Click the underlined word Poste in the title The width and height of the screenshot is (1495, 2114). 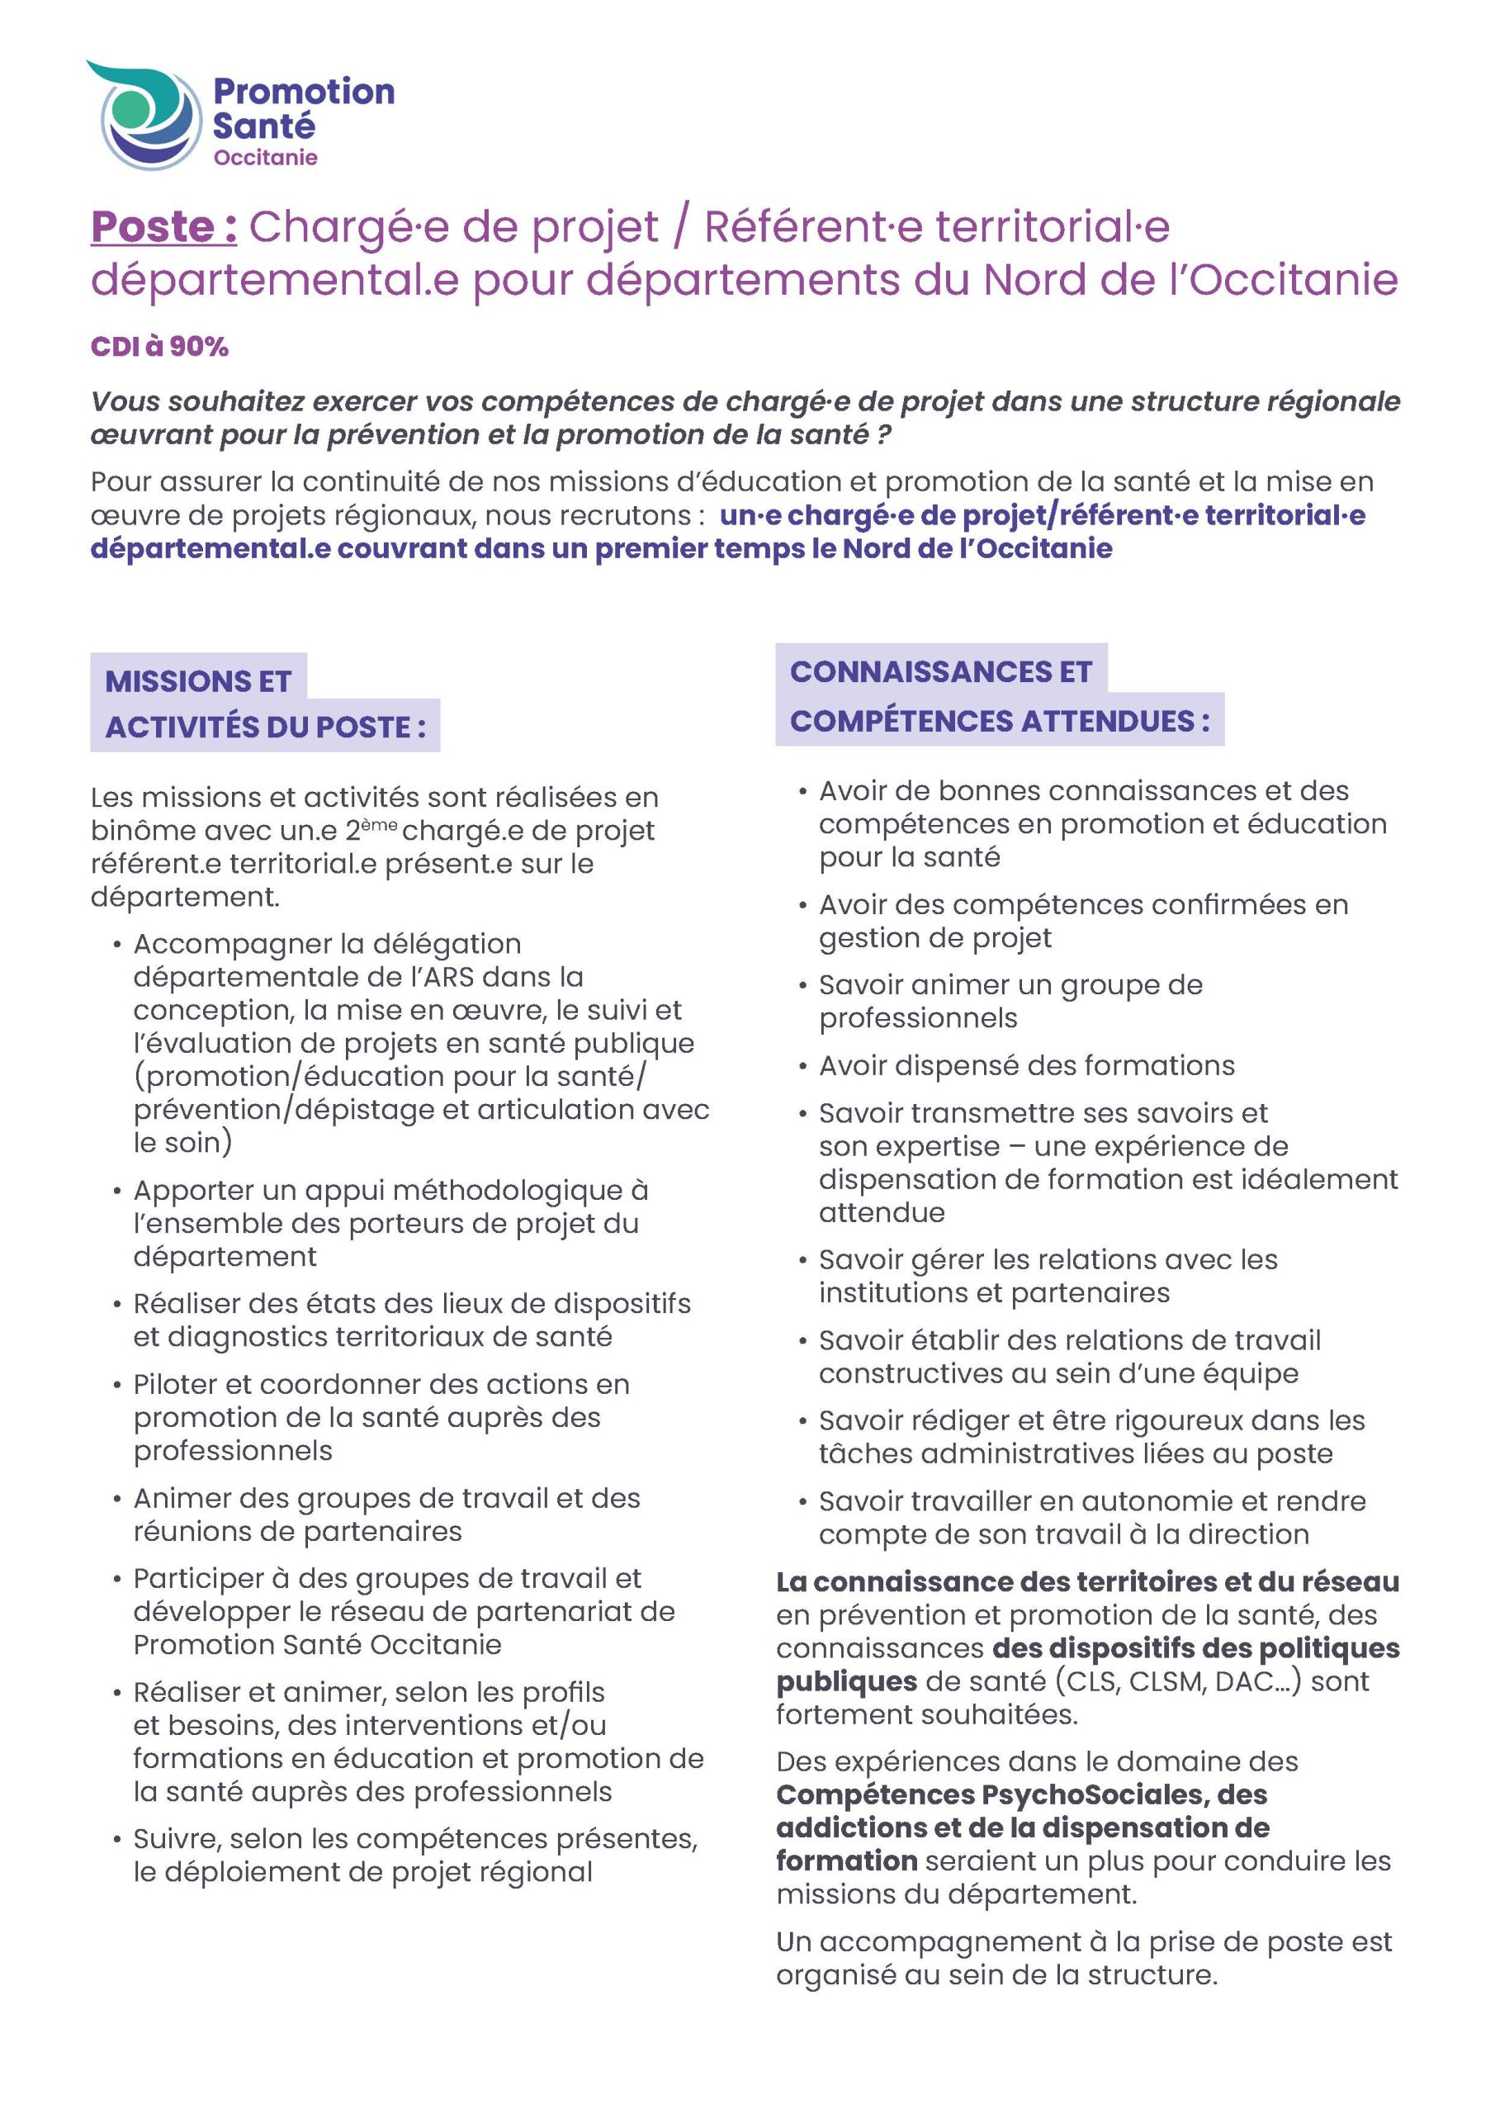coord(153,227)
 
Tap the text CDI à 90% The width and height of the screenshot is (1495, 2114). coord(159,347)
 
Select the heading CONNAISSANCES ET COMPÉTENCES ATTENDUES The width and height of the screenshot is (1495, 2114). coord(999,696)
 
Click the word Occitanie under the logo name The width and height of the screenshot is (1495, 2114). coord(265,158)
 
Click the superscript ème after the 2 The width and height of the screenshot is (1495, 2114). coord(378,824)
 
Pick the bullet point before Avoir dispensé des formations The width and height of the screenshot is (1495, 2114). coord(802,1067)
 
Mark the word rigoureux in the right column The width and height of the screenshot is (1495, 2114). coord(1161,1420)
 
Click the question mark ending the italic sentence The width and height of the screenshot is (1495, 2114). coord(884,434)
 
